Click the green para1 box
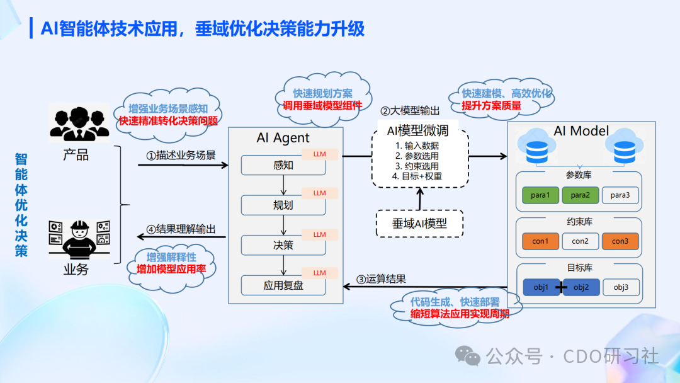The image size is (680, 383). (x=540, y=195)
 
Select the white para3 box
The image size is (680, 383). (x=620, y=195)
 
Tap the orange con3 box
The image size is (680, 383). (x=620, y=241)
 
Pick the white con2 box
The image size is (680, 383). (x=580, y=241)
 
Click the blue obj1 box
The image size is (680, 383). (x=541, y=288)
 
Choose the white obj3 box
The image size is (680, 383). (x=620, y=288)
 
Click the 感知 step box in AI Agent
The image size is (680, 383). (x=283, y=166)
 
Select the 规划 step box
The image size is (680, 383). (x=283, y=205)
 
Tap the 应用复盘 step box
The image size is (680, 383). (x=283, y=285)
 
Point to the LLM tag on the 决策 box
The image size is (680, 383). (x=320, y=234)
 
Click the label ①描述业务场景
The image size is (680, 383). (x=181, y=155)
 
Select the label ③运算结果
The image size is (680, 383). (x=382, y=279)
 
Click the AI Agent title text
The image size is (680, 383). (x=283, y=138)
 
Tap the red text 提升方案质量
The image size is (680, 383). (x=492, y=106)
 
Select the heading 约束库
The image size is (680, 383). (x=579, y=222)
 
